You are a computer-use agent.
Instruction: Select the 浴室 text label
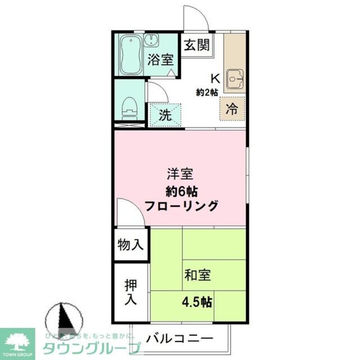pyautogui.click(x=160, y=59)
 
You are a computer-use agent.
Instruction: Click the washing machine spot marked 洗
pyautogui.click(x=165, y=115)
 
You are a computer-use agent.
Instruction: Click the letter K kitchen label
pyautogui.click(x=215, y=78)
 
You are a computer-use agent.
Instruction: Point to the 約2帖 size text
pyautogui.click(x=207, y=92)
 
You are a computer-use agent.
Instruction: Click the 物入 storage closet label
pyautogui.click(x=130, y=245)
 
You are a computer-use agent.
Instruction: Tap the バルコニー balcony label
pyautogui.click(x=180, y=339)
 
